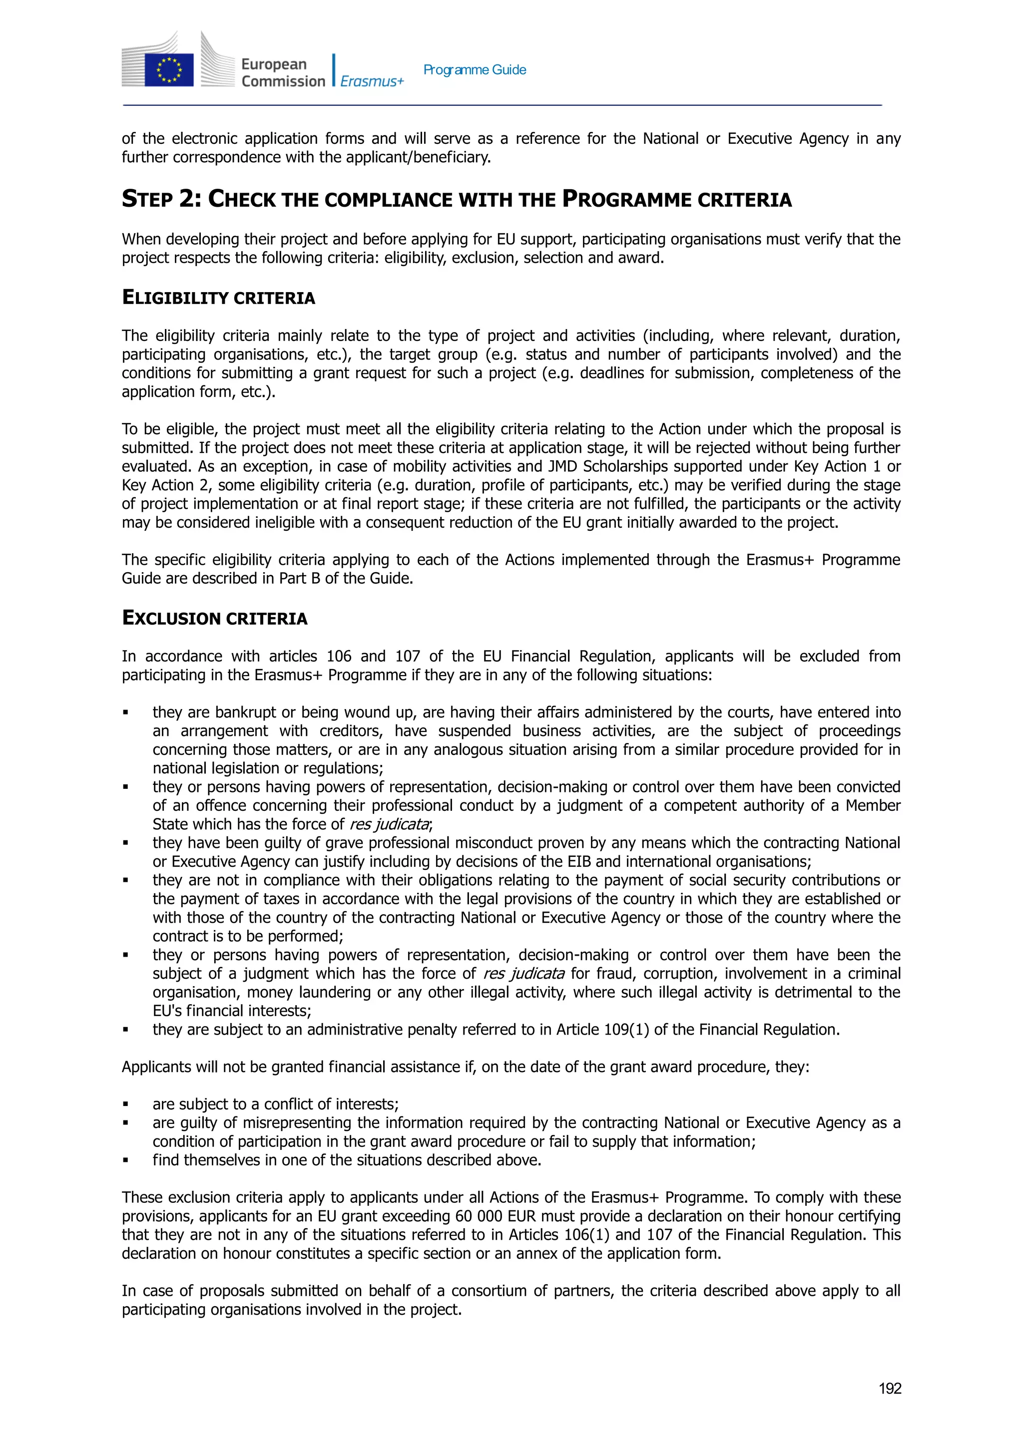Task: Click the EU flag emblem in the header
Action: pyautogui.click(x=169, y=70)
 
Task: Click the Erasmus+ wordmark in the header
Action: pyautogui.click(x=372, y=81)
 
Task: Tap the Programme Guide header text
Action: pyautogui.click(x=475, y=70)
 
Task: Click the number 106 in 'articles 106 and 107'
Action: pyautogui.click(x=338, y=656)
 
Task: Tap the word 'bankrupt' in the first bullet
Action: pyautogui.click(x=246, y=713)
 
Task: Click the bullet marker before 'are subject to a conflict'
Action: pyautogui.click(x=125, y=1104)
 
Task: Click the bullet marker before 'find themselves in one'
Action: pyautogui.click(x=125, y=1160)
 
